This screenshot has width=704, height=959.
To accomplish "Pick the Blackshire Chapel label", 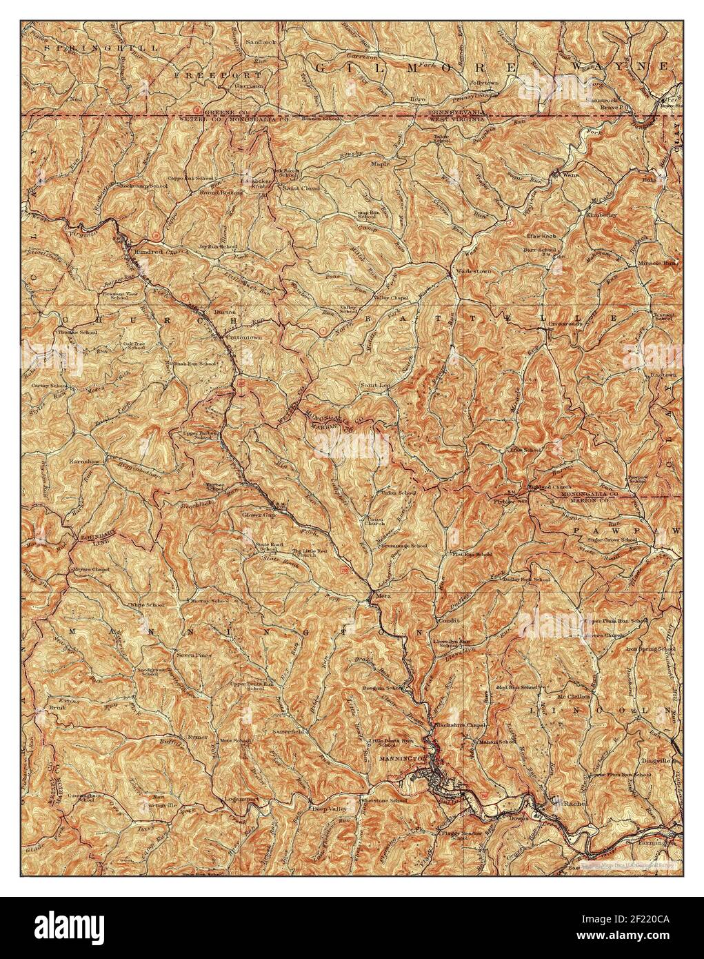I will click(461, 725).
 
